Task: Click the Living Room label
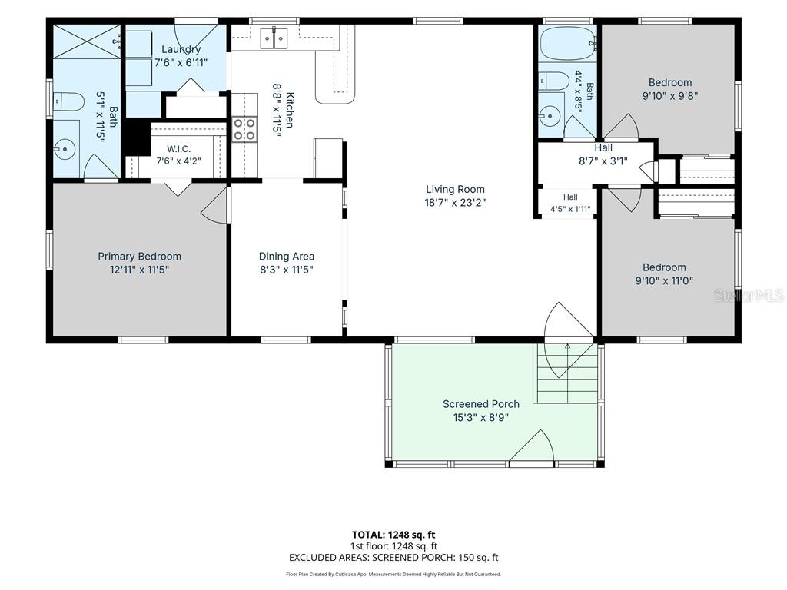455,189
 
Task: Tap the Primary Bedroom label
140,257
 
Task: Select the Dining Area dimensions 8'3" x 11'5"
287,270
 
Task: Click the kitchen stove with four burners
244,129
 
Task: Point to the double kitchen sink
274,38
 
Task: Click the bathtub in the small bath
568,43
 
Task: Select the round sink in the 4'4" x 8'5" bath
550,117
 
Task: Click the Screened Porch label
481,404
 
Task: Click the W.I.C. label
178,149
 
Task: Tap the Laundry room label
181,49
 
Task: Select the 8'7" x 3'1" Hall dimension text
603,161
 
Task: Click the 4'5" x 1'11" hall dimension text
570,209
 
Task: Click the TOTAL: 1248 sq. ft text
393,535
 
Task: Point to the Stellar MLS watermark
749,296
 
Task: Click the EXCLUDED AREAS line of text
393,558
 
